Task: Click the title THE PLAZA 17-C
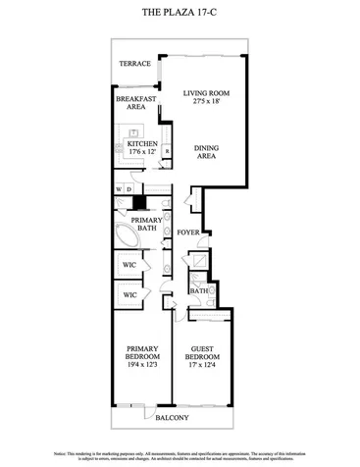pyautogui.click(x=180, y=13)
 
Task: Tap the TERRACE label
pyautogui.click(x=134, y=64)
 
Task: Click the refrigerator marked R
pyautogui.click(x=167, y=152)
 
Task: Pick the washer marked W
pyautogui.click(x=119, y=188)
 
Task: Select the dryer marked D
pyautogui.click(x=129, y=188)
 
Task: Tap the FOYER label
pyautogui.click(x=189, y=233)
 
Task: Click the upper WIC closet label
pyautogui.click(x=129, y=264)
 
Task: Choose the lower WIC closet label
pyautogui.click(x=129, y=294)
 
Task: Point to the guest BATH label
pyautogui.click(x=198, y=291)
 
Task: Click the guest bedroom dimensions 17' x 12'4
pyautogui.click(x=204, y=366)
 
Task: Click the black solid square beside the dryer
pyautogui.click(x=140, y=203)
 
